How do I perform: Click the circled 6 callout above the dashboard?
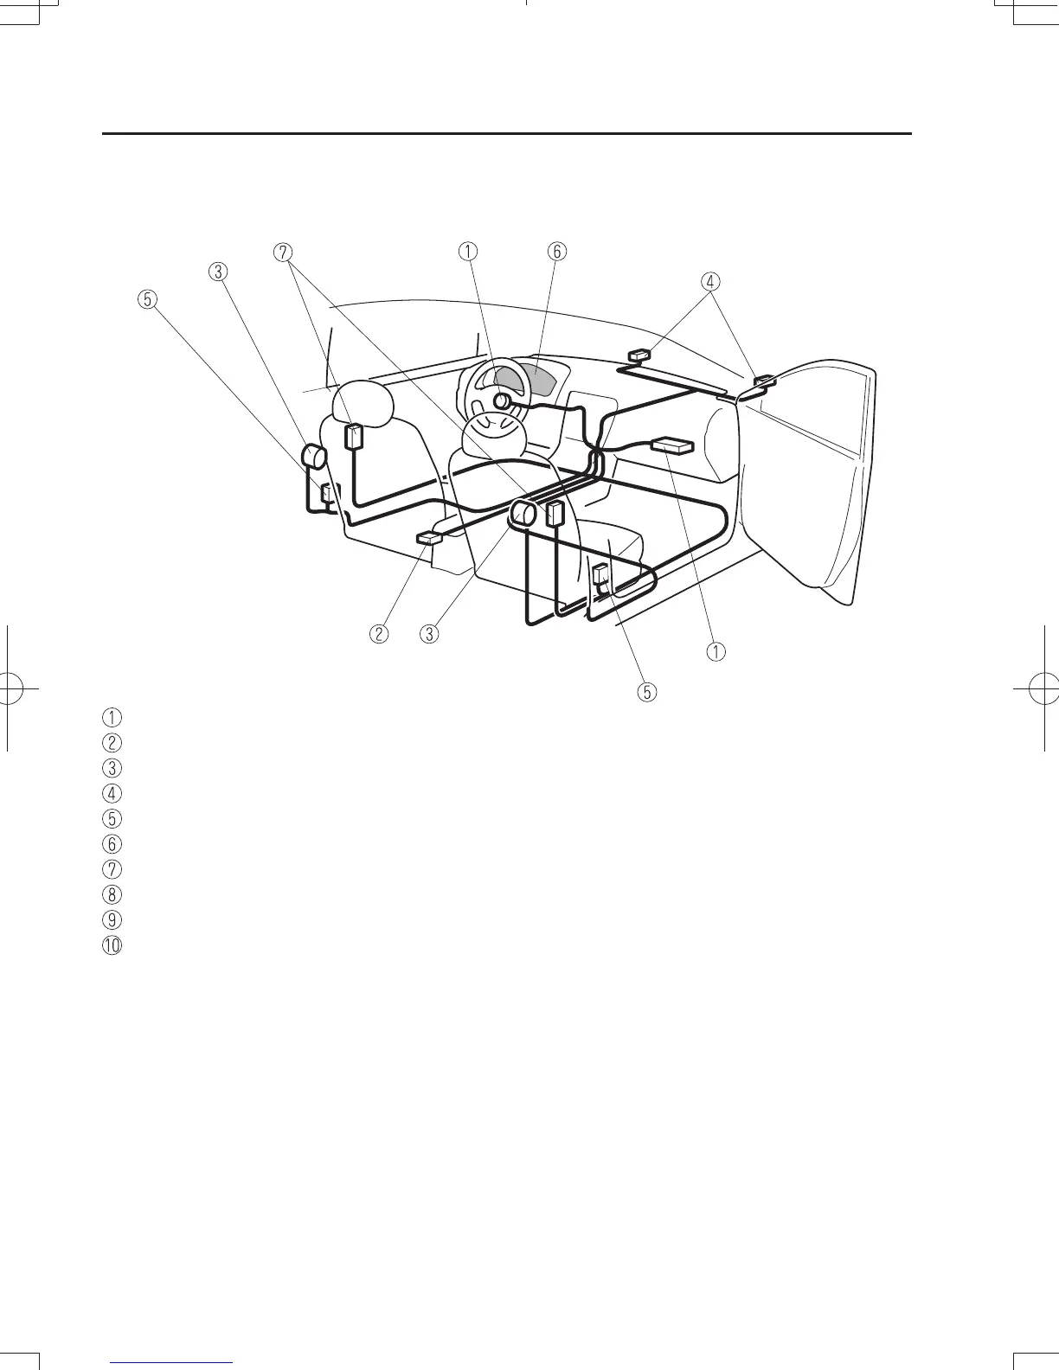[556, 251]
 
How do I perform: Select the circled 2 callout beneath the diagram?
[378, 633]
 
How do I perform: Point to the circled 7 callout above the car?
[281, 252]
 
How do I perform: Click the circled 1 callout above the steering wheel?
[467, 251]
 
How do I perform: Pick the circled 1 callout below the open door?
[716, 650]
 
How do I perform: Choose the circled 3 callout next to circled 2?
[428, 633]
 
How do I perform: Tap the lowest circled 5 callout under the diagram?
[646, 692]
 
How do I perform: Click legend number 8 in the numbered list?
[112, 893]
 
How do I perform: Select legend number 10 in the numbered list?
[112, 944]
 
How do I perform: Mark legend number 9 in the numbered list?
[112, 919]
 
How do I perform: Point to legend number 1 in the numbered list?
[112, 716]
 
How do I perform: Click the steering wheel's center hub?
[500, 401]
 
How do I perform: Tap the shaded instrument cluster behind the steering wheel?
[538, 379]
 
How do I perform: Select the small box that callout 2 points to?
[429, 539]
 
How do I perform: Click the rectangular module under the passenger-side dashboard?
[673, 445]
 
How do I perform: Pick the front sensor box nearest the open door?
[764, 382]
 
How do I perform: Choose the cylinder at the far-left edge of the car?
[312, 455]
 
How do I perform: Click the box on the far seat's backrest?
[355, 436]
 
